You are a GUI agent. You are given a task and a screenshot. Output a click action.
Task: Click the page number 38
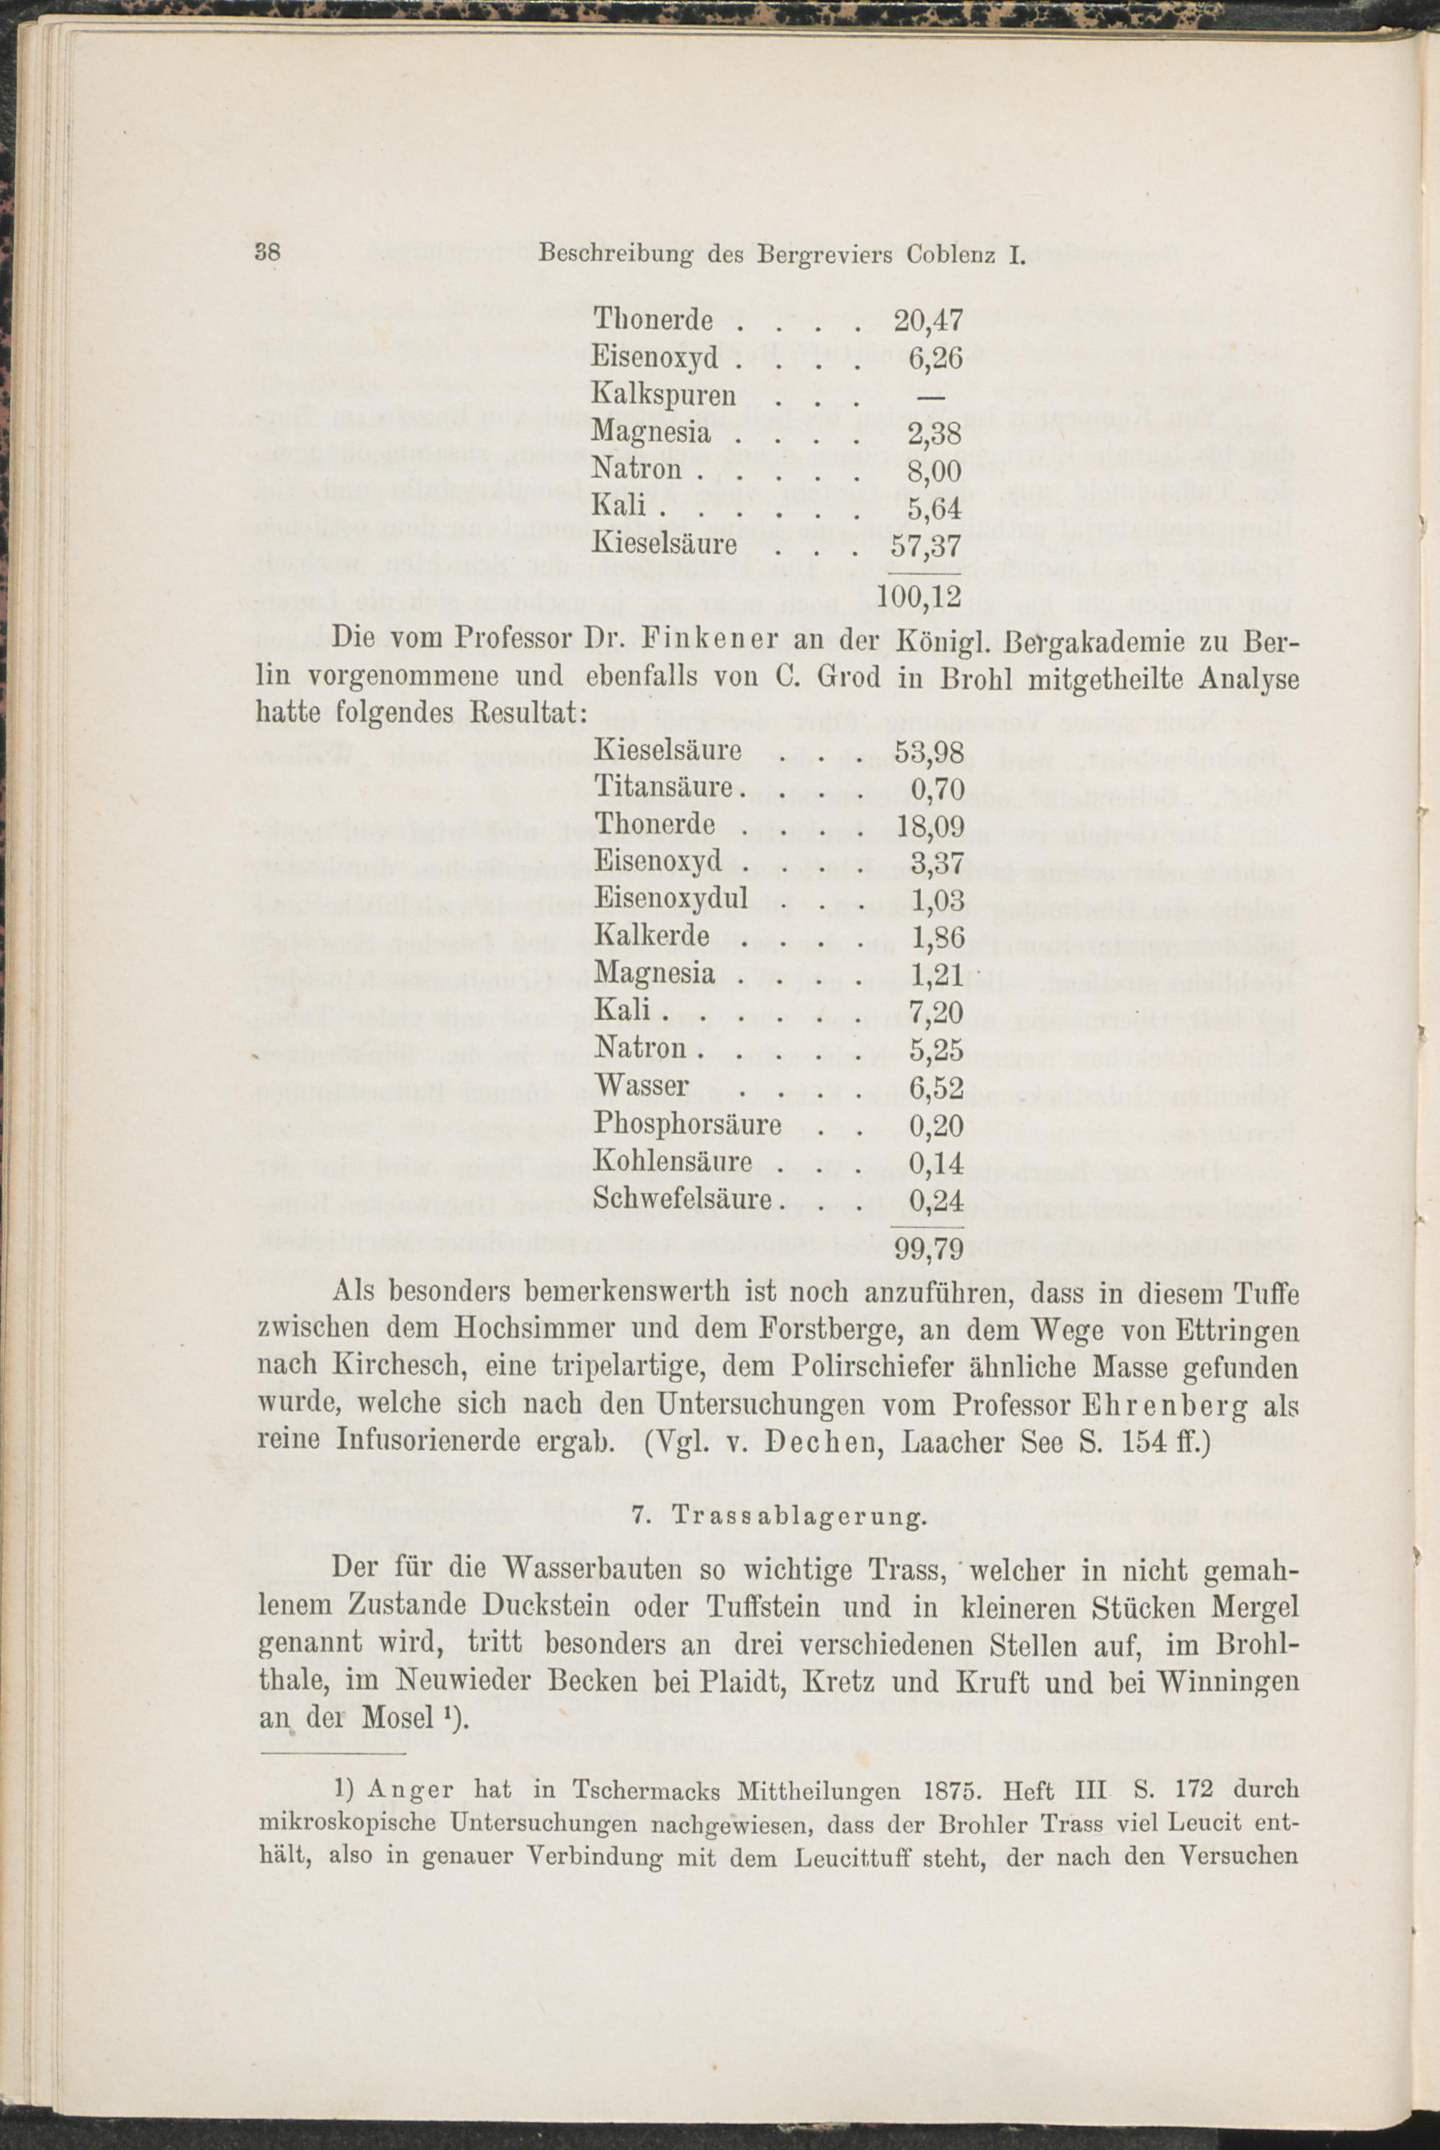267,253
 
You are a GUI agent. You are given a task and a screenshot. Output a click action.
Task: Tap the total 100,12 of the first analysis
919,597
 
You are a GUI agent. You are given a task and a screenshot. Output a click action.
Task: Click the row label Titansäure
663,787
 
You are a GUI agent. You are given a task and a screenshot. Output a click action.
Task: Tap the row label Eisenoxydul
671,897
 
